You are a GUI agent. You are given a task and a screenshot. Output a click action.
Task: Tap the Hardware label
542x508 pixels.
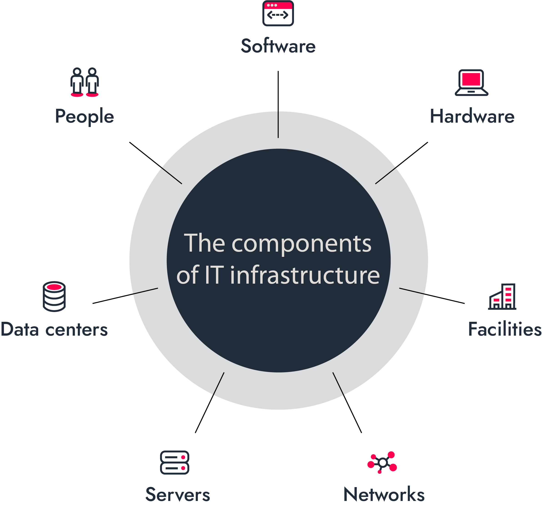coord(472,116)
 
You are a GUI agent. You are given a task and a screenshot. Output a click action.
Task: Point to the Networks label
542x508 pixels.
coord(384,494)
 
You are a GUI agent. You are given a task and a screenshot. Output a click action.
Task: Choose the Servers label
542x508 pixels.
coord(178,494)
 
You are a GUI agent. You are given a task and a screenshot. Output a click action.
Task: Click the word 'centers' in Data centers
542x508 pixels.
coord(77,330)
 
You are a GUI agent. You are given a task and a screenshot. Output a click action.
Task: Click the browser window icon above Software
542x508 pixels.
coord(278,13)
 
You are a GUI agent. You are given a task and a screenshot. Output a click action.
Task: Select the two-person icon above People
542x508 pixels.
coord(85,82)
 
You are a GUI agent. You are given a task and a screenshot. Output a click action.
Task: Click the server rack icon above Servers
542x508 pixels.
coord(174,463)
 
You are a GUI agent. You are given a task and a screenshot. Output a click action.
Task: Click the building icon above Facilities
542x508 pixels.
coord(502,296)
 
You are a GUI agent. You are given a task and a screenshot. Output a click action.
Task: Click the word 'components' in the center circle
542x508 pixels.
coord(301,245)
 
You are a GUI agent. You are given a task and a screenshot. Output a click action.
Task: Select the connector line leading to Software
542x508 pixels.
coord(278,104)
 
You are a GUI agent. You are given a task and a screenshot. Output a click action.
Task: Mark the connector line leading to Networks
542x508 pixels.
coord(347,403)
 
